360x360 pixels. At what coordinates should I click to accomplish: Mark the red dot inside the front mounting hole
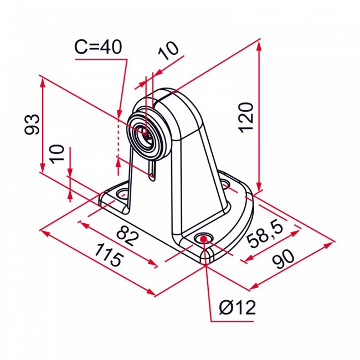point(204,239)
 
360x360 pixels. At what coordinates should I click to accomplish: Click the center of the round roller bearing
point(146,133)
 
